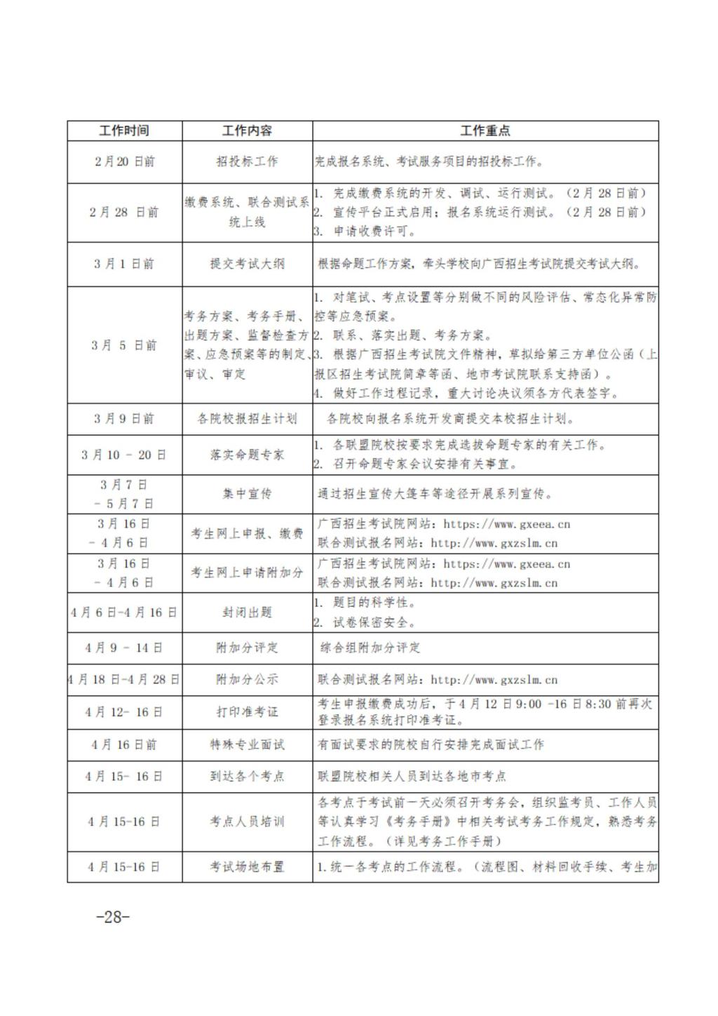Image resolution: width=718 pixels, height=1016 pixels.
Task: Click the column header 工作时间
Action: (124, 131)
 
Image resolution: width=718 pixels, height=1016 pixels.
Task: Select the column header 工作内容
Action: (247, 131)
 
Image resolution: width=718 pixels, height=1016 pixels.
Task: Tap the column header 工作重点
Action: (485, 131)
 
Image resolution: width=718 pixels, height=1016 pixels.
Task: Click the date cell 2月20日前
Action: (124, 161)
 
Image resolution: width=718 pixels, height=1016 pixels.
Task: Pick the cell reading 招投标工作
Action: (247, 161)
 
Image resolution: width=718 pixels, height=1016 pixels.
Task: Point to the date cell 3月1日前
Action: (124, 264)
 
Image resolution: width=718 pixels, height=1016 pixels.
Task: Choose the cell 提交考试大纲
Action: (247, 264)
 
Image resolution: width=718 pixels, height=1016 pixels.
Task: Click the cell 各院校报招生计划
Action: (247, 419)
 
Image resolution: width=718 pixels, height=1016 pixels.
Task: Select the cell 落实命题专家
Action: (247, 455)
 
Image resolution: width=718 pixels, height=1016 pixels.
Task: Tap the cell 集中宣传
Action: (247, 494)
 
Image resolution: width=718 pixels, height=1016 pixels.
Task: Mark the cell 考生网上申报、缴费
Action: (247, 533)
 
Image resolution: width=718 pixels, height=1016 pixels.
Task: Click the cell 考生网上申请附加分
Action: (247, 573)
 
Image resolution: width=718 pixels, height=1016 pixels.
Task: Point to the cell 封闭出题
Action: (247, 613)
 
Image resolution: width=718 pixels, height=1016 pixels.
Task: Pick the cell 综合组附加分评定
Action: (370, 648)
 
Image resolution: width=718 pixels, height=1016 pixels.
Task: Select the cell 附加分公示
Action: (247, 679)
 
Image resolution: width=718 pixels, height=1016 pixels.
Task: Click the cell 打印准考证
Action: (247, 711)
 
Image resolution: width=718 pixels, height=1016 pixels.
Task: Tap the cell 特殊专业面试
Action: (247, 744)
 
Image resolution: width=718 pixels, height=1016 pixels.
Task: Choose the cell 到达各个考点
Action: (247, 776)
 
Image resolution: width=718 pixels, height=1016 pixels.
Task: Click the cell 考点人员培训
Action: (247, 821)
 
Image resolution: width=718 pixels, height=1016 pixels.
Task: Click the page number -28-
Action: (113, 916)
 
